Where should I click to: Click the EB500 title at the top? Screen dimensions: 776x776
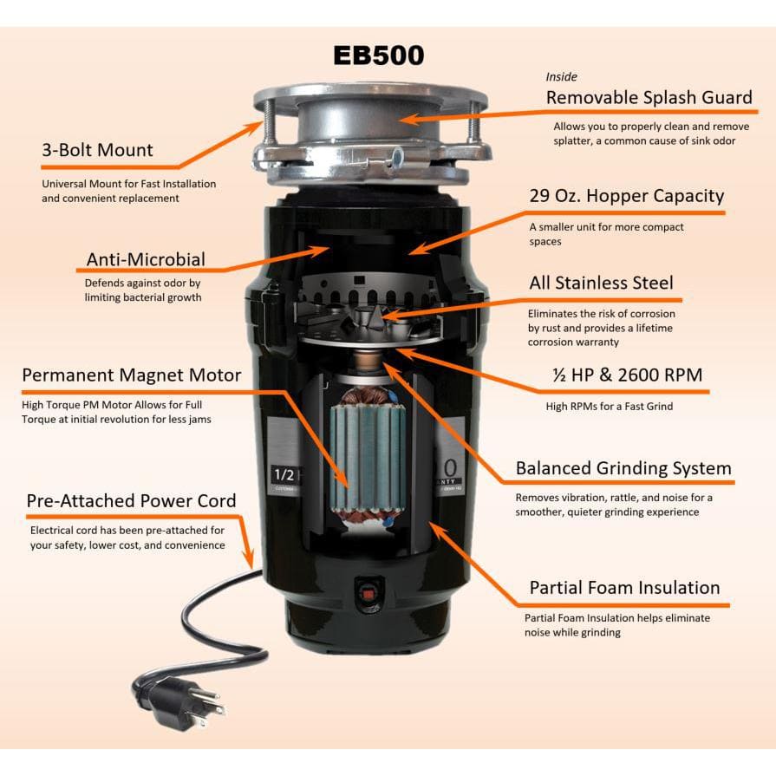pos(379,55)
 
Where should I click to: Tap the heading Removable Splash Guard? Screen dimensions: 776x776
pos(649,97)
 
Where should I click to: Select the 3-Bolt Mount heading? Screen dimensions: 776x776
pos(97,150)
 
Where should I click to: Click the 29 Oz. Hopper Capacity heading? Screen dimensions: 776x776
pos(627,196)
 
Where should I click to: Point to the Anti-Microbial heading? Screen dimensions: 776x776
pos(146,259)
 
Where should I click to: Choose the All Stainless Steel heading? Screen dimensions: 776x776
pos(602,283)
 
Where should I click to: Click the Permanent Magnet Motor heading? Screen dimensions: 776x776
pos(132,375)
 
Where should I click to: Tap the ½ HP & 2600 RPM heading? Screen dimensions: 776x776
pos(628,375)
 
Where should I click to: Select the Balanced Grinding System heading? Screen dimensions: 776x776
pos(623,468)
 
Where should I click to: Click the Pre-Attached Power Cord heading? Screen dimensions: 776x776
pos(131,501)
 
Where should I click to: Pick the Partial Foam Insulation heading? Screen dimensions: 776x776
pos(624,588)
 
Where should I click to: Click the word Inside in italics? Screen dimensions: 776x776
pos(561,76)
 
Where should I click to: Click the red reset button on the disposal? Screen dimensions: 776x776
pos(368,591)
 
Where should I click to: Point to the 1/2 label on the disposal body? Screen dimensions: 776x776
pos(284,475)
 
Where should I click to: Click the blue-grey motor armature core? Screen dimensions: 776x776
pos(368,456)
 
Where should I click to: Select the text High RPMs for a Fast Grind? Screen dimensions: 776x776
pos(610,407)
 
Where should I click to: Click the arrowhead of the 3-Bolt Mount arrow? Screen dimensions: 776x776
pos(256,127)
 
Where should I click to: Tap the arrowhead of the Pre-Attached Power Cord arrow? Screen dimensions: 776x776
pos(250,562)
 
